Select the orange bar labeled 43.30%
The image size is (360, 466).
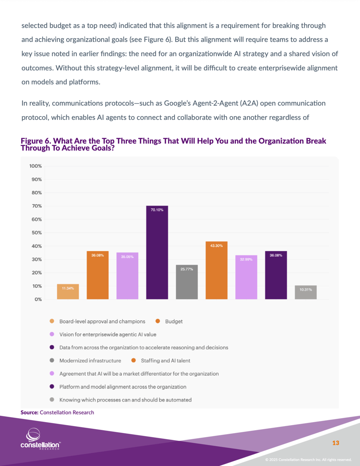(216, 270)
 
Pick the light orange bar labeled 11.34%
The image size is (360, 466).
(68, 292)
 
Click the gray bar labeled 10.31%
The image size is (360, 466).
(306, 292)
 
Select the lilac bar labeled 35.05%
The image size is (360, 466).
(127, 276)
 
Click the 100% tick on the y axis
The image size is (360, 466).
(36, 166)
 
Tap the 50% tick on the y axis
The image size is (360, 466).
(37, 233)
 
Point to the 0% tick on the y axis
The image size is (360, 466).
(38, 299)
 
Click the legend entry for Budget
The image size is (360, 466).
(174, 321)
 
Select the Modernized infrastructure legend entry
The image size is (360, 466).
(90, 361)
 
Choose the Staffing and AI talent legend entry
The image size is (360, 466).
(165, 361)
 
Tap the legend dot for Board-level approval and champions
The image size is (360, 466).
(52, 321)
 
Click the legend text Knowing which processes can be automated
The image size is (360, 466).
(125, 400)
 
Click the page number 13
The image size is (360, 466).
(335, 443)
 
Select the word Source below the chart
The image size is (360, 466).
(29, 412)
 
